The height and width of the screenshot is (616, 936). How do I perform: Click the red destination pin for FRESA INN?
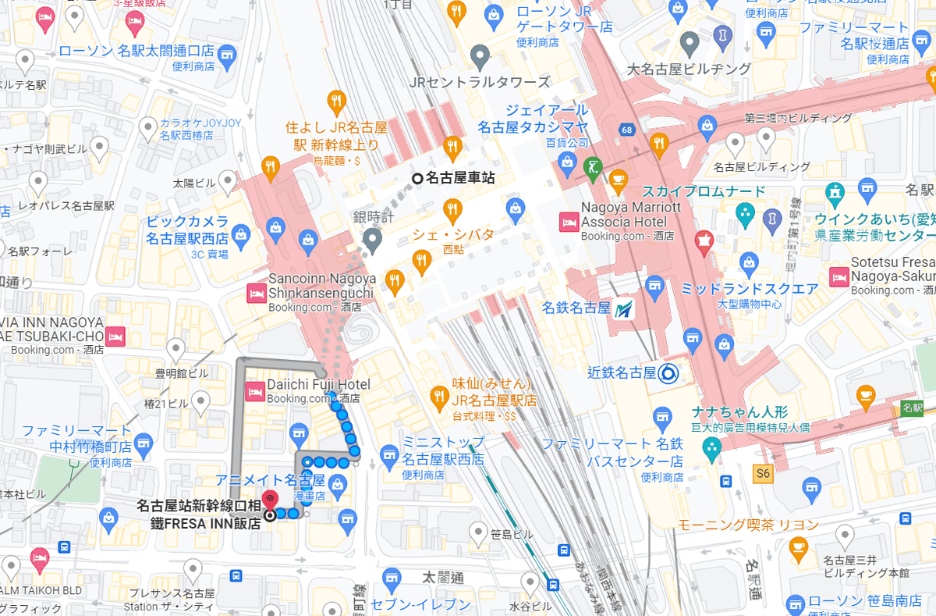(x=269, y=498)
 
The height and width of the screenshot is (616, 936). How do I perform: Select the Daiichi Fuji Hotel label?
(x=318, y=384)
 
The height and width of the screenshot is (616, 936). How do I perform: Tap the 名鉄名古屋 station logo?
(x=623, y=308)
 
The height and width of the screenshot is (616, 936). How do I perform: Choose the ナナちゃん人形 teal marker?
(x=711, y=447)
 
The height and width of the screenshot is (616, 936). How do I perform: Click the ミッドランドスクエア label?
(x=750, y=289)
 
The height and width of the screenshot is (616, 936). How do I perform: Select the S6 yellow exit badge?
(x=762, y=472)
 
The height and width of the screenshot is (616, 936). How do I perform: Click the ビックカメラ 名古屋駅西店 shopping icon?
(x=275, y=228)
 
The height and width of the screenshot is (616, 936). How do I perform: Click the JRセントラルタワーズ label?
(x=480, y=82)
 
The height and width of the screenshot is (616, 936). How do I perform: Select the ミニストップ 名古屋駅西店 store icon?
(x=389, y=454)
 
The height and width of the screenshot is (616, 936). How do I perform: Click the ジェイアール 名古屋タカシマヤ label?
(x=534, y=118)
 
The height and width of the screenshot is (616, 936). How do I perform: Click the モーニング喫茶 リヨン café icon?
(x=798, y=548)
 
